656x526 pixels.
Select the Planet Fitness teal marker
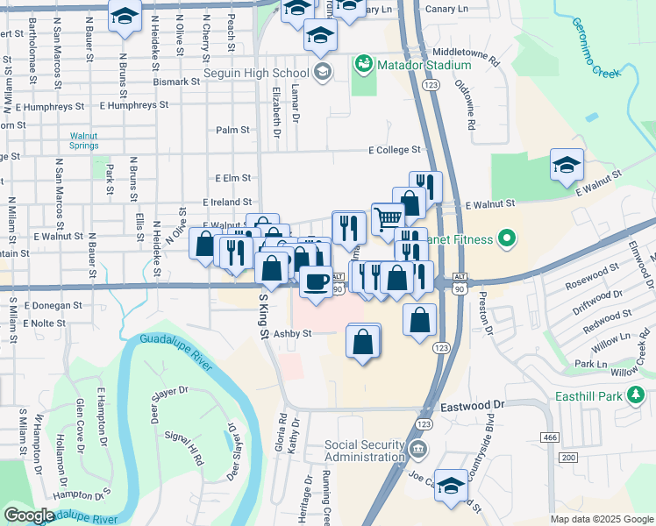click(x=506, y=238)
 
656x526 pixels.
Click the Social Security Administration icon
click(x=418, y=451)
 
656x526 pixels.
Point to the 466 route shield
click(x=550, y=437)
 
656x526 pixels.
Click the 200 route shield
click(x=567, y=458)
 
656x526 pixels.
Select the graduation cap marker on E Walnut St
click(x=567, y=164)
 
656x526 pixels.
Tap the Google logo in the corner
click(x=29, y=515)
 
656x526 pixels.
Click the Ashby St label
click(x=293, y=333)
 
